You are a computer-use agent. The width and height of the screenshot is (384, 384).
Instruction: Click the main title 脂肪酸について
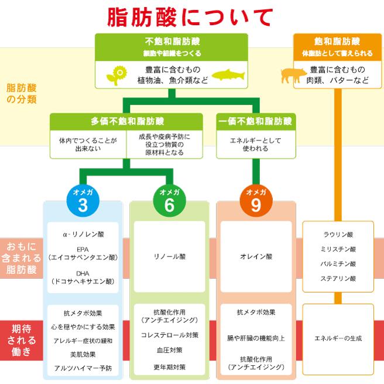[x=190, y=18]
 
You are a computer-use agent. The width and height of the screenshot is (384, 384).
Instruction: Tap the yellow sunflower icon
[x=118, y=75]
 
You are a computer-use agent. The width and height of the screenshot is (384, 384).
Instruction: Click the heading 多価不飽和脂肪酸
[x=126, y=121]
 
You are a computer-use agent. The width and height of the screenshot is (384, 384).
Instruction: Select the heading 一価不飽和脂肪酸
[x=255, y=121]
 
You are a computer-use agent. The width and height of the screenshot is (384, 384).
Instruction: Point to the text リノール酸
[x=169, y=256]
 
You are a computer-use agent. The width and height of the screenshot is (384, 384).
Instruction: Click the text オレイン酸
[x=256, y=256]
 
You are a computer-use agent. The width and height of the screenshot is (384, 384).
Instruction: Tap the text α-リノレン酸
[x=83, y=234]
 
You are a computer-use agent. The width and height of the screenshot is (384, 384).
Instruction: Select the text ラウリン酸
[x=338, y=234]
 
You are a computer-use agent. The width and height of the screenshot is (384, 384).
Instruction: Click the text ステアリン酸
[x=338, y=279]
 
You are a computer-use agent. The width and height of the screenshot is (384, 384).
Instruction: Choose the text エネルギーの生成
[x=338, y=338]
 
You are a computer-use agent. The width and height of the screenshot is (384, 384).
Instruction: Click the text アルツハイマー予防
[x=83, y=368]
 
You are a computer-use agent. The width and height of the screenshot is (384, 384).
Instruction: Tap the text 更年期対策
[x=169, y=367]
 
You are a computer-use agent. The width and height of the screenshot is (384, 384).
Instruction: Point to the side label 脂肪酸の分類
[x=21, y=93]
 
